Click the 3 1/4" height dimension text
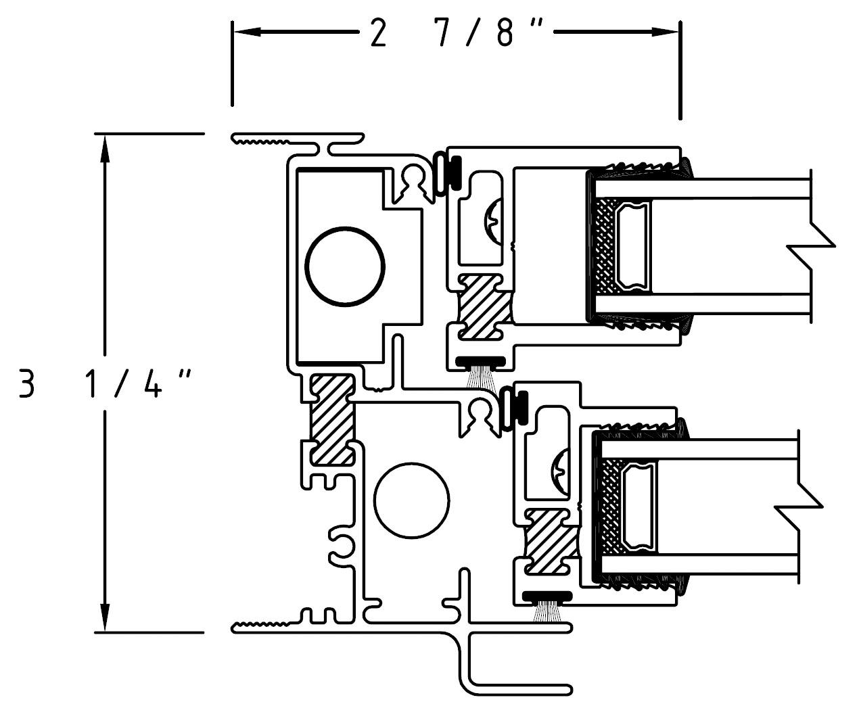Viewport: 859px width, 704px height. click(x=105, y=383)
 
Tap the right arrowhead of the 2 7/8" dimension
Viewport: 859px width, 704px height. click(x=665, y=32)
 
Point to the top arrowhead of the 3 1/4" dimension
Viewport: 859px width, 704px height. click(x=105, y=149)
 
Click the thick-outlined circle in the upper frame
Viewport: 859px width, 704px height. click(x=345, y=228)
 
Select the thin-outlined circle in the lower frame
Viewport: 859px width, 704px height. click(x=411, y=463)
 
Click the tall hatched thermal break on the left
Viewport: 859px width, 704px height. click(x=332, y=420)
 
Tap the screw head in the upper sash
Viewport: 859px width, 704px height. click(x=493, y=222)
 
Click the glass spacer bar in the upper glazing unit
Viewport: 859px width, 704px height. click(x=631, y=246)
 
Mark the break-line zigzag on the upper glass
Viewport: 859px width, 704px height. click(x=810, y=246)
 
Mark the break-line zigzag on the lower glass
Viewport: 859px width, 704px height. click(x=798, y=507)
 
